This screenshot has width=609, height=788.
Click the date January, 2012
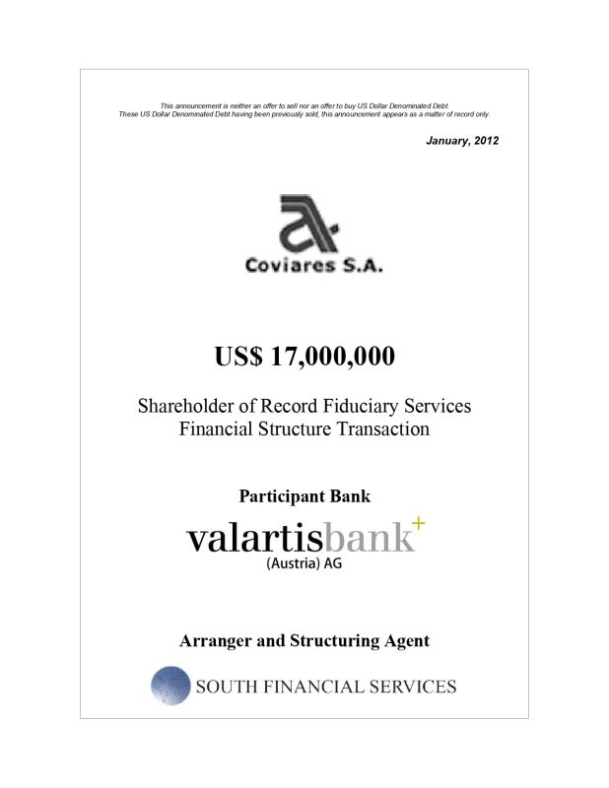tap(462, 141)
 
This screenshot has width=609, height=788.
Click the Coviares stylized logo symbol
tap(306, 225)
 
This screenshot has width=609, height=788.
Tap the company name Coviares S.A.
tap(306, 266)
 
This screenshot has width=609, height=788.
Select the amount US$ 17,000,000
tap(304, 356)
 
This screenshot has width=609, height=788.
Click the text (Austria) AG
tap(305, 564)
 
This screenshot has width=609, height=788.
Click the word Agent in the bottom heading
tap(405, 640)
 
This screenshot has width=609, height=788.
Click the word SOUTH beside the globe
tap(231, 687)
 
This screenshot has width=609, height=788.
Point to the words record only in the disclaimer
tap(467, 114)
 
